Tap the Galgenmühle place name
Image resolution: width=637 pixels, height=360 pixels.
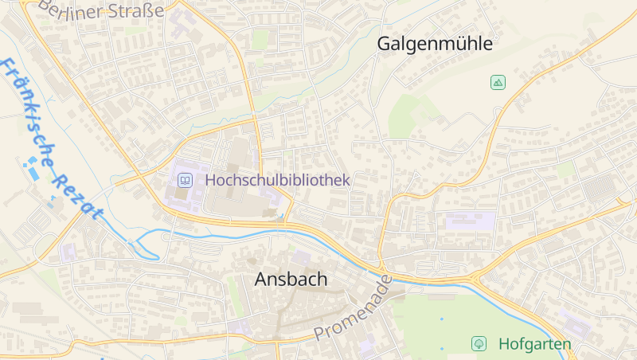tap(434, 44)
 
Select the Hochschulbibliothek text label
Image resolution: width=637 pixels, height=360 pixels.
tap(277, 181)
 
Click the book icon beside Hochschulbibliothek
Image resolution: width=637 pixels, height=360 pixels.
tap(185, 181)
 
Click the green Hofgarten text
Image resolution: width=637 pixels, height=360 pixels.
tap(534, 344)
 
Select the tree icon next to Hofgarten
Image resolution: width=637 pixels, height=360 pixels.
tap(479, 343)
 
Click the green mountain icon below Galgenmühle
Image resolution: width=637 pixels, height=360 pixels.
tap(498, 82)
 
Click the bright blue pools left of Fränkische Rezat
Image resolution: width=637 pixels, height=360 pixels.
tap(32, 167)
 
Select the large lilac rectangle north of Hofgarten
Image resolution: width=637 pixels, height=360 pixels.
tap(470, 221)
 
